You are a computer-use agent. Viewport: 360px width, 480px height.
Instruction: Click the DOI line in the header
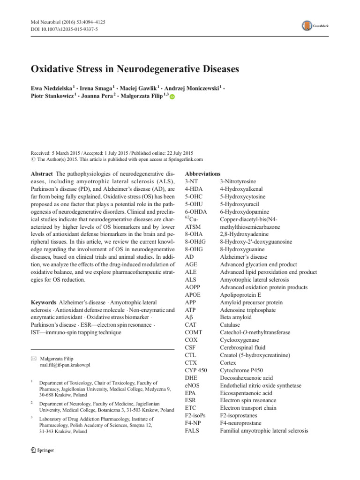tap(61, 31)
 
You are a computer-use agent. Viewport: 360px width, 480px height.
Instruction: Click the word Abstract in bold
tap(41, 174)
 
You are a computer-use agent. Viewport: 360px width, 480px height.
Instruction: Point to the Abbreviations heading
tap(202, 173)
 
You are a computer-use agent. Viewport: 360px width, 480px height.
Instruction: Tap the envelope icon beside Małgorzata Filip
tap(33, 357)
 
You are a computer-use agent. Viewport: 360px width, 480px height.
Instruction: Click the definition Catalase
tap(231, 324)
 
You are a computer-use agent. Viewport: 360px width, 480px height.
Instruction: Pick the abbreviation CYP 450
tap(196, 370)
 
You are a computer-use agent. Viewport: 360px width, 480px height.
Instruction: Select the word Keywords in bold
tap(44, 302)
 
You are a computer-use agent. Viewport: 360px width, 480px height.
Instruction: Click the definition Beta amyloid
tap(235, 317)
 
